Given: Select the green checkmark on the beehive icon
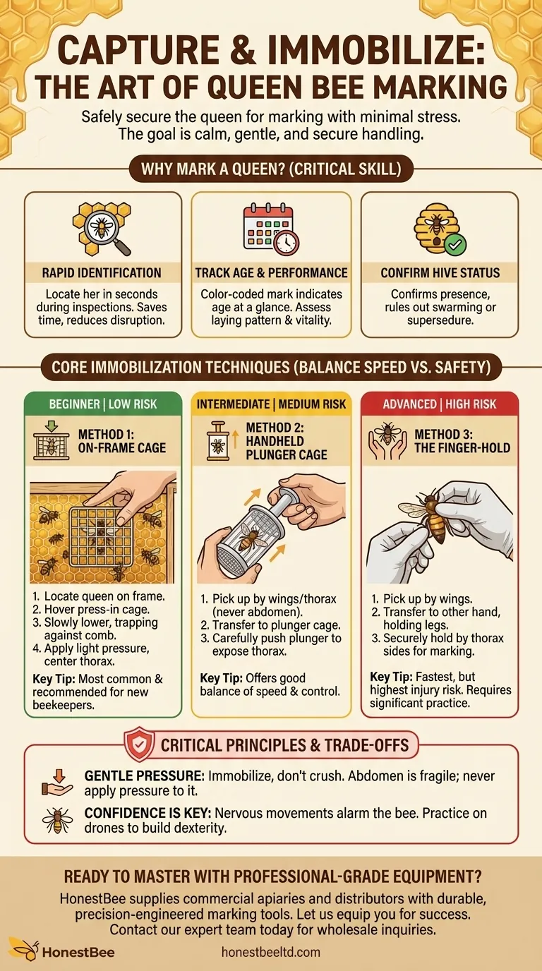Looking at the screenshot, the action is pos(455,245).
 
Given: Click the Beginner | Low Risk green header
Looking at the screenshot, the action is pos(103,404).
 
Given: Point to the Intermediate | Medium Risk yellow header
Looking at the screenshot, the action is pos(271,404).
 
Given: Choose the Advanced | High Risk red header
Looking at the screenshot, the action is pos(439,404).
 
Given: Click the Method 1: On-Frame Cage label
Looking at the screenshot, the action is pos(122,441).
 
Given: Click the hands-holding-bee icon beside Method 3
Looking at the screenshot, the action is pos(387,441).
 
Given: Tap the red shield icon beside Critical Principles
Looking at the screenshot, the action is pos(139,744).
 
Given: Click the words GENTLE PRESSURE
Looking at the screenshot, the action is pos(144,776).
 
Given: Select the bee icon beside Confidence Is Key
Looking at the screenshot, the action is pos(56,820).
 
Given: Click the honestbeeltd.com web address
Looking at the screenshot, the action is pos(270,952).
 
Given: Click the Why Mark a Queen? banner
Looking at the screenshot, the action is pos(271,169).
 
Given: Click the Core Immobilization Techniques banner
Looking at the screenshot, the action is pos(271,368).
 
